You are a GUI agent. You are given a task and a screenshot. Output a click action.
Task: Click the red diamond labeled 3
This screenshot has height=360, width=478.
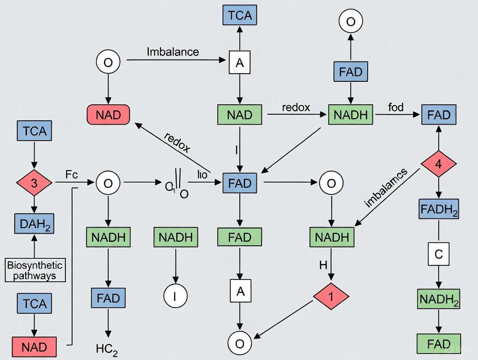click(x=34, y=183)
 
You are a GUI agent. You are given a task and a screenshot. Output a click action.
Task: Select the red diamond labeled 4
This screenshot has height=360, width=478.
click(x=439, y=164)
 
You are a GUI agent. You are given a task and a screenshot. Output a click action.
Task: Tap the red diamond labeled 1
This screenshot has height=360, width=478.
click(x=331, y=296)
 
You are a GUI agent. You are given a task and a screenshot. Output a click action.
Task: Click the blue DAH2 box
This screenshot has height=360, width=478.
click(x=34, y=223)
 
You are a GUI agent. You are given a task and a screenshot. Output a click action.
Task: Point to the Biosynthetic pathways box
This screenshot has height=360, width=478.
click(x=35, y=270)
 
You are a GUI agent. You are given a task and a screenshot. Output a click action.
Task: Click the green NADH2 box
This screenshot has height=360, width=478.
click(x=439, y=299)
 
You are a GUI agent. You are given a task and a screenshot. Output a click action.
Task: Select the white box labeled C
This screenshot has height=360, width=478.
click(x=439, y=254)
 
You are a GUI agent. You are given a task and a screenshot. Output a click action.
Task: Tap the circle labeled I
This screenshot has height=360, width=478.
click(x=175, y=296)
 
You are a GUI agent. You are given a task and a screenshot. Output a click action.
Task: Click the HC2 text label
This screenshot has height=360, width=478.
click(x=108, y=349)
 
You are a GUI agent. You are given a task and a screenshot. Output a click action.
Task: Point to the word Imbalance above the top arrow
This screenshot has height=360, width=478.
click(x=173, y=52)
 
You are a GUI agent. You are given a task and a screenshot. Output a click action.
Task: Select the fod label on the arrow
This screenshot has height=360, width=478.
click(x=396, y=107)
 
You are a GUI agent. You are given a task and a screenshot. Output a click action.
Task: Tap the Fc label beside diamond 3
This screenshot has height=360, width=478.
click(x=71, y=175)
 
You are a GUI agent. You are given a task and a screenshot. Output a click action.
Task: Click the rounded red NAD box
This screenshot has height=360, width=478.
click(x=108, y=115)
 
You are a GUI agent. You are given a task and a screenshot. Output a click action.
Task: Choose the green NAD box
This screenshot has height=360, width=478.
click(x=239, y=115)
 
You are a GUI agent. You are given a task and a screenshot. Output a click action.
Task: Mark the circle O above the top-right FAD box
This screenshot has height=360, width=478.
click(x=351, y=21)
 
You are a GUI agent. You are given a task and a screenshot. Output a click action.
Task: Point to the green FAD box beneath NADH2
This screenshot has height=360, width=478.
click(x=439, y=344)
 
